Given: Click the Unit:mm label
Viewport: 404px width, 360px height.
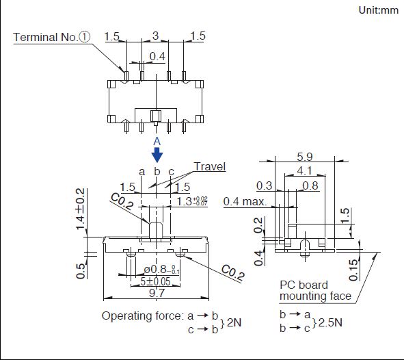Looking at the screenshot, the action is (x=378, y=10).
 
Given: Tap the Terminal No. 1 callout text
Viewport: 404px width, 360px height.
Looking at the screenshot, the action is (x=52, y=37).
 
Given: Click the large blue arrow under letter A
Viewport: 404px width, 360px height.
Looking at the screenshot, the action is (x=157, y=155).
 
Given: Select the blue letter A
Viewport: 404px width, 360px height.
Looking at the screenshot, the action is (x=157, y=141).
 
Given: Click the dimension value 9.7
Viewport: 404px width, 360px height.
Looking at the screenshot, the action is (x=157, y=293).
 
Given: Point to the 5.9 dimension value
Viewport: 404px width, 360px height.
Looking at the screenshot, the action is (x=305, y=157).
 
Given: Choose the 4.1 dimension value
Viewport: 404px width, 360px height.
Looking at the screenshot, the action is (x=305, y=170).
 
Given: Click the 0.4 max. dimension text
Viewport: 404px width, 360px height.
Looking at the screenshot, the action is (x=245, y=201).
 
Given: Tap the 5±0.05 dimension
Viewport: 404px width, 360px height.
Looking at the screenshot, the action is (x=156, y=281).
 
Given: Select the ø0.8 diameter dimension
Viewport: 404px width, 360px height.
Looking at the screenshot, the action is (x=161, y=270).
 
